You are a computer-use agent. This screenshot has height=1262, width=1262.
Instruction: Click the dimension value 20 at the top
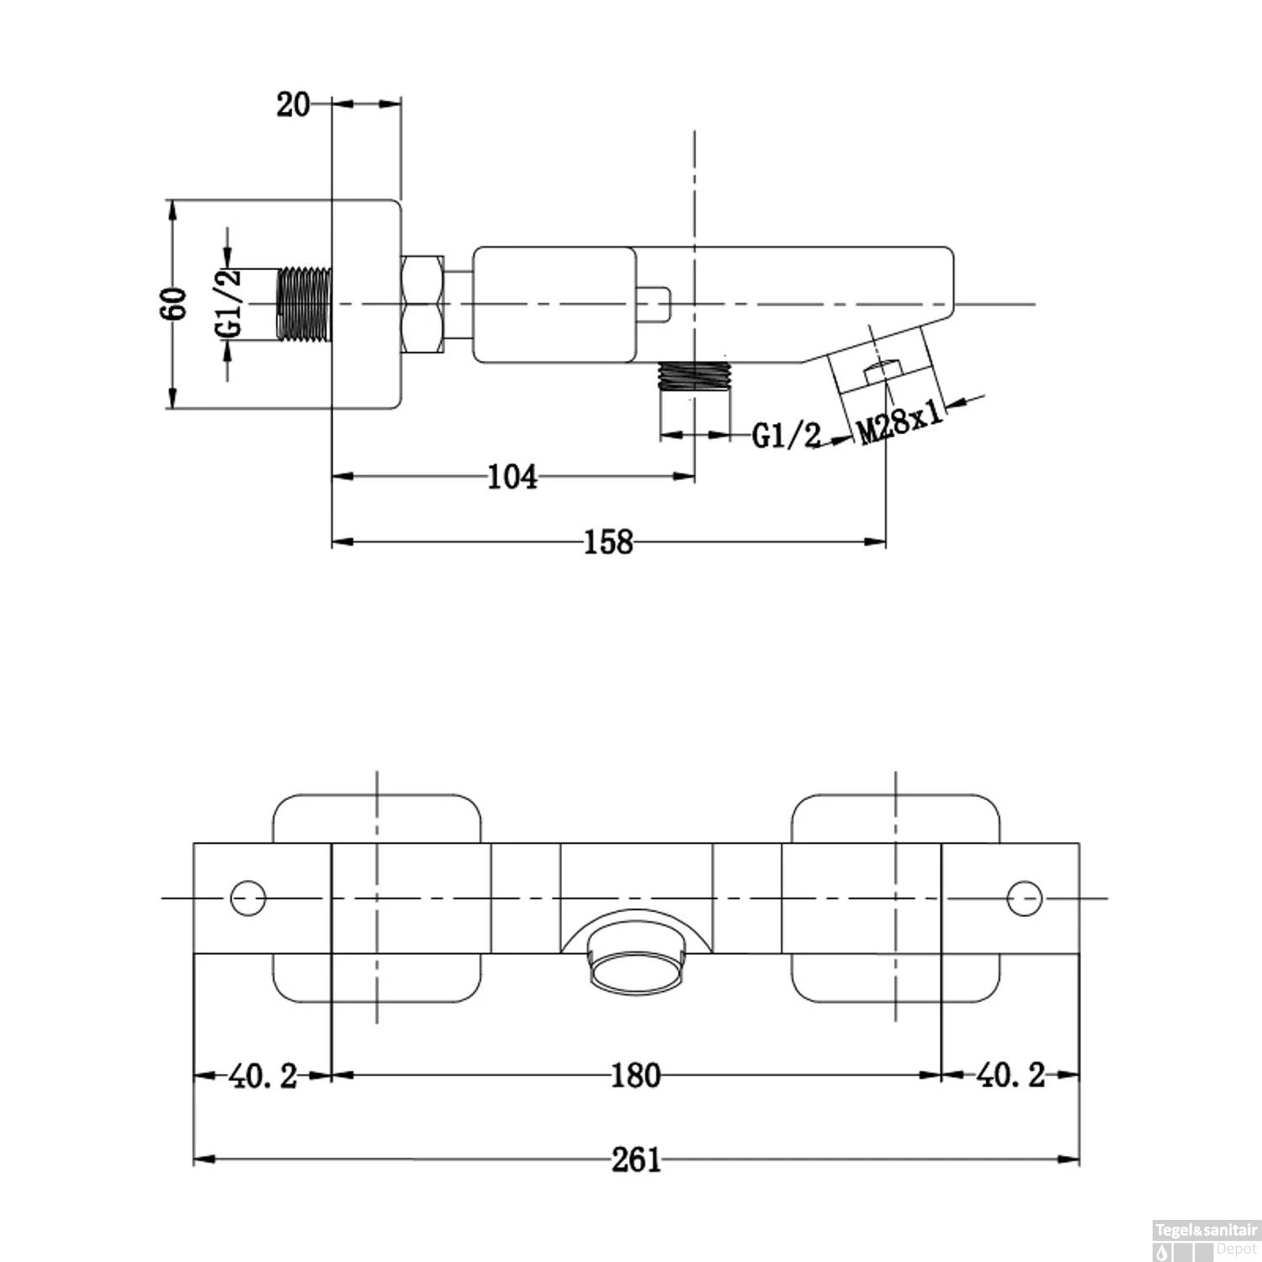pos(293,105)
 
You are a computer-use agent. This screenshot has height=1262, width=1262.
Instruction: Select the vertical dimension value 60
pos(175,304)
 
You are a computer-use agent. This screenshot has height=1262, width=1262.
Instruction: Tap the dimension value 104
pos(512,477)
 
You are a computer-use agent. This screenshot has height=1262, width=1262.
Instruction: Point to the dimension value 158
pos(607,543)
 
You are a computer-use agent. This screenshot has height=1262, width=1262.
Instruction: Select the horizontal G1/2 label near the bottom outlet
pos(786,435)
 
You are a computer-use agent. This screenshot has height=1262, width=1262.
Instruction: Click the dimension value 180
pos(635,1075)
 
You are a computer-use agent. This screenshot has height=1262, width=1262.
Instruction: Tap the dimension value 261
pos(635,1160)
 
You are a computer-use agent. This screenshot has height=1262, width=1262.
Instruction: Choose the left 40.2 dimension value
pos(262,1075)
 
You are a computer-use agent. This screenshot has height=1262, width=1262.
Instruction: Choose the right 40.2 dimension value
pos(1010,1075)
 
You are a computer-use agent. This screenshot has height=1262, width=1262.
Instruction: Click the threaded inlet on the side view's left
pos(305,305)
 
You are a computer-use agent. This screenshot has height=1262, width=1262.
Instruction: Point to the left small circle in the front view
pos(248,899)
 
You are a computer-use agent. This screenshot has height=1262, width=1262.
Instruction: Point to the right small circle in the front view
pos(1025,899)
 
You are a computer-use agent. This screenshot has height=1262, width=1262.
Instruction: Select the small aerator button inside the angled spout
pos(883,371)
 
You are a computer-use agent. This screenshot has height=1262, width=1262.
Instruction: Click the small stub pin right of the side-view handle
pos(654,305)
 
